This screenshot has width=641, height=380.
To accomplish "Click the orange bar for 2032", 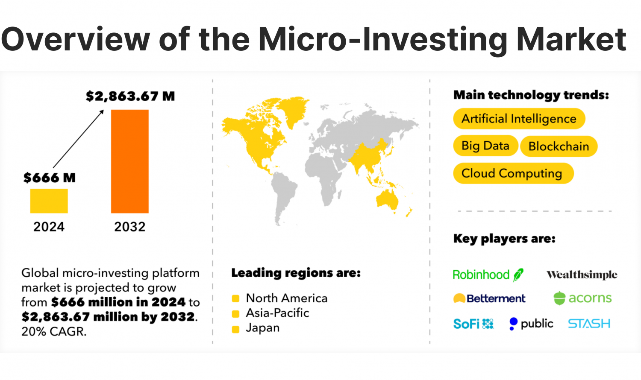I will click(x=130, y=161).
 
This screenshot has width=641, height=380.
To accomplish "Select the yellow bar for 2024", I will click(x=49, y=201).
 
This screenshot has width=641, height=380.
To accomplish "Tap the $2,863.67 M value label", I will click(x=130, y=96).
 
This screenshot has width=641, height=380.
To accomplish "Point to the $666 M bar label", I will click(x=50, y=178).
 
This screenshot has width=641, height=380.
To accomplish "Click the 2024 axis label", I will click(x=49, y=227).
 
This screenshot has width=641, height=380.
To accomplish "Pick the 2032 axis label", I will click(x=130, y=227).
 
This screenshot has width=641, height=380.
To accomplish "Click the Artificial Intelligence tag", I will click(x=519, y=119).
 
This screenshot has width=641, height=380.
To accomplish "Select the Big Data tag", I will click(x=485, y=146).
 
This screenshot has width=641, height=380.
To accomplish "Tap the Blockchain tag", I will click(x=559, y=146).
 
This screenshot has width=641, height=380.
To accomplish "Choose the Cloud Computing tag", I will click(x=512, y=173).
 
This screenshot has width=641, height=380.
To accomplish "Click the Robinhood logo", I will click(x=488, y=275).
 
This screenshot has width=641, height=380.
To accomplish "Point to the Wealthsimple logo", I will click(x=582, y=275).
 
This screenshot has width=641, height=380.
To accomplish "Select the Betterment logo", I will click(x=489, y=298).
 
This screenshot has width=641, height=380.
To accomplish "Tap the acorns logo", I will click(x=582, y=298).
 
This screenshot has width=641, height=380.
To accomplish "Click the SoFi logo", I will click(x=473, y=324).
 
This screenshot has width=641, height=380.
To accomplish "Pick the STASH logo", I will click(x=589, y=324).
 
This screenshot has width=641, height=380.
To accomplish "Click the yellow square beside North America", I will click(x=235, y=298).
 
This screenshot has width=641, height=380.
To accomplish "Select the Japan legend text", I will click(x=263, y=328).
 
